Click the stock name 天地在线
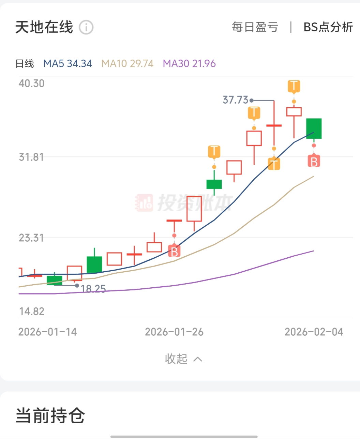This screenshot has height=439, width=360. click(x=44, y=27)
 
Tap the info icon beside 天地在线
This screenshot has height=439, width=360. click(x=86, y=27)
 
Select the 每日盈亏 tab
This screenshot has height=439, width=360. click(x=255, y=27)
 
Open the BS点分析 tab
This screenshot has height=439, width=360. click(x=328, y=27)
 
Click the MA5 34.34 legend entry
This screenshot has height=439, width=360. click(x=67, y=64)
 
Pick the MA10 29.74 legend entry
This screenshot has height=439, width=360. click(x=127, y=64)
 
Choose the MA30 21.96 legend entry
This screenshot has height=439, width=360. click(x=189, y=64)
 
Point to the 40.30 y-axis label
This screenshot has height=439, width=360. click(x=31, y=84)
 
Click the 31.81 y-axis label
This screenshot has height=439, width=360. click(x=31, y=157)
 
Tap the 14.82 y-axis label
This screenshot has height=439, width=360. click(x=31, y=312)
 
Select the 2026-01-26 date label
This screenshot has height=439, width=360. click(x=174, y=332)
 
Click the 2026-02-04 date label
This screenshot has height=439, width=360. click(x=314, y=332)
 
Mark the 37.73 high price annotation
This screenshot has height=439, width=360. click(x=235, y=100)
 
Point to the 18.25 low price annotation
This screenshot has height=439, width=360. click(x=93, y=289)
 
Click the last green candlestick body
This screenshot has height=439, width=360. click(x=314, y=128)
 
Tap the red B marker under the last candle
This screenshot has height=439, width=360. click(x=314, y=161)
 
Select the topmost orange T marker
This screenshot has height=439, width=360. click(x=294, y=86)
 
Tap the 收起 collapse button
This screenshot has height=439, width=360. click(x=183, y=359)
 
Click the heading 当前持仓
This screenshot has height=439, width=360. click(x=50, y=416)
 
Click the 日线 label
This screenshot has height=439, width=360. click(x=25, y=64)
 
